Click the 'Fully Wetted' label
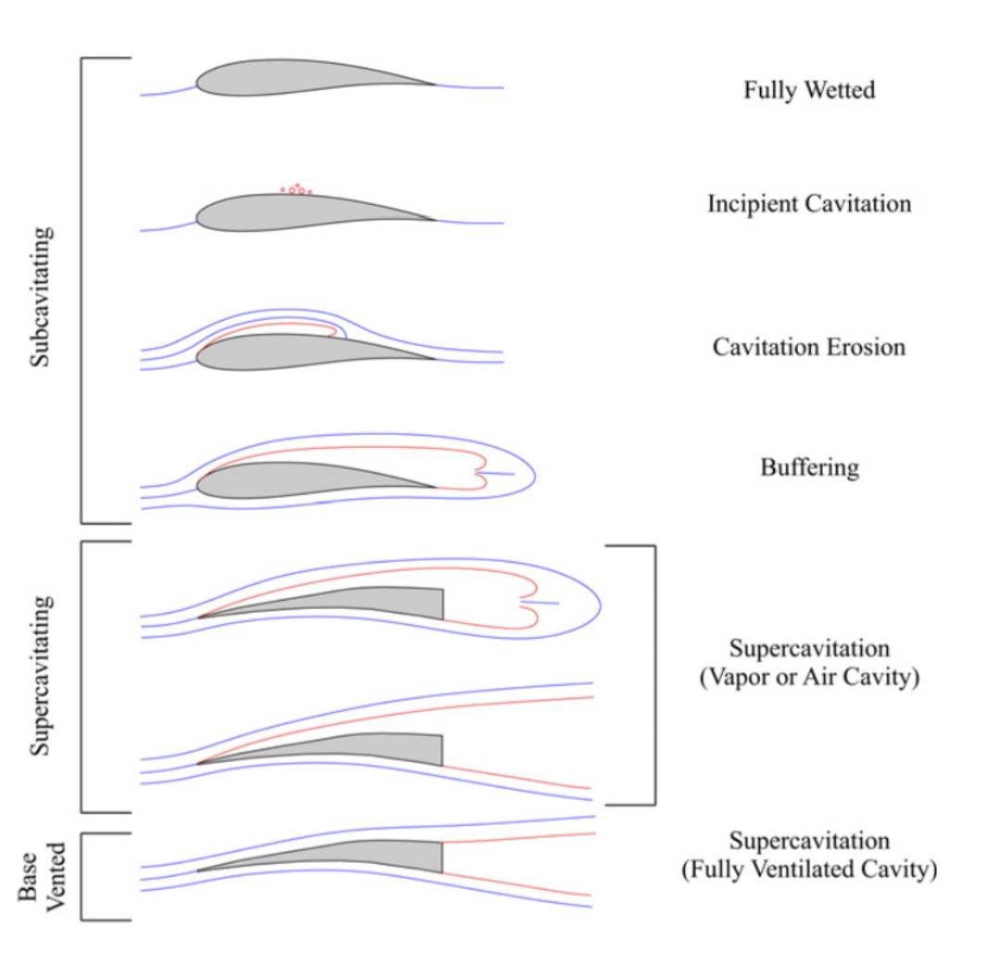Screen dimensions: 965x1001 809,90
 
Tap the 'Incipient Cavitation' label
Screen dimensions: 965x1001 809,203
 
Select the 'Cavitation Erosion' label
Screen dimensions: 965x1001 809,347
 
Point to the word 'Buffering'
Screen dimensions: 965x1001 809,467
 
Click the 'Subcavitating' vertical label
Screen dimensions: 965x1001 40,296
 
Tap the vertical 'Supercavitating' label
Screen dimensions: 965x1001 40,675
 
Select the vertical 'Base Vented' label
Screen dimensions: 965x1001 43,876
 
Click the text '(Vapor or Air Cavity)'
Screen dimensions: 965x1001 809,677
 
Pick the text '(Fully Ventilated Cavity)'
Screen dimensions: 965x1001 809,870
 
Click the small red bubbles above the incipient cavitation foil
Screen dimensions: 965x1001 297,189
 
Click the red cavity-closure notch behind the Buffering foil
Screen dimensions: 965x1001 478,474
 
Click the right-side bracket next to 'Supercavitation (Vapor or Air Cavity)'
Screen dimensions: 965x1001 654,674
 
